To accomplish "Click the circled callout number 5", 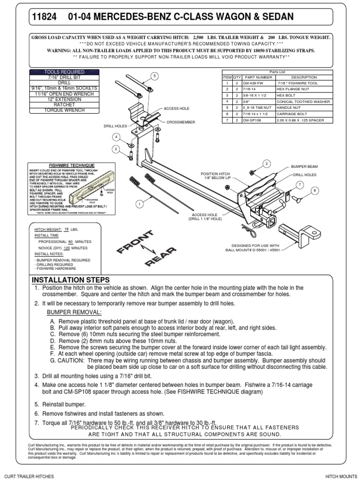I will pyautogui.click(x=153, y=75).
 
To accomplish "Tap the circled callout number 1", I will pyautogui.click(x=139, y=204).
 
